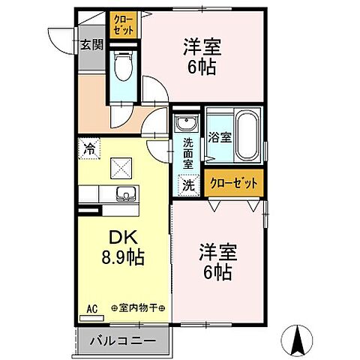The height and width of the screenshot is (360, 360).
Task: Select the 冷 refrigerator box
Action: pyautogui.click(x=88, y=148)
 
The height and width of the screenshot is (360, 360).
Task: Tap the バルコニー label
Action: pyautogui.click(x=124, y=342)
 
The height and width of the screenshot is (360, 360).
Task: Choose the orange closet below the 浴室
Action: pyautogui.click(x=234, y=182)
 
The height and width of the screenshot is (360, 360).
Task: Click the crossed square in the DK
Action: pyautogui.click(x=120, y=166)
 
